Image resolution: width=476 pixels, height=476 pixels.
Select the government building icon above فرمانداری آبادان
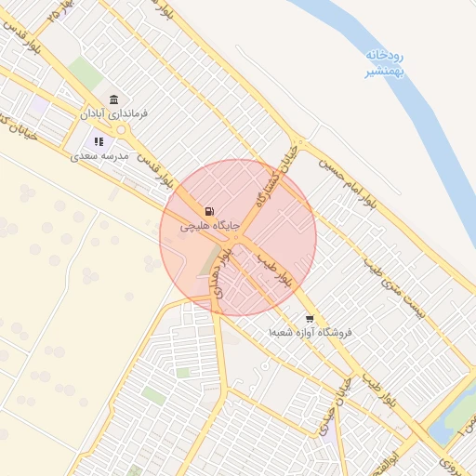click(113, 99)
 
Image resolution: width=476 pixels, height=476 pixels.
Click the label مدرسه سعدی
click(99, 156)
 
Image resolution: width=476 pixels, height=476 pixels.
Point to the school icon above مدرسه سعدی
click(99, 142)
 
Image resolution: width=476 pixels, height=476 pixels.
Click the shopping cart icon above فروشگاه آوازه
click(310, 318)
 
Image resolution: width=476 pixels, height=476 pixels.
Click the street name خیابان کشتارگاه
click(276, 177)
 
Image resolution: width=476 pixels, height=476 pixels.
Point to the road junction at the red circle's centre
click(237, 238)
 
